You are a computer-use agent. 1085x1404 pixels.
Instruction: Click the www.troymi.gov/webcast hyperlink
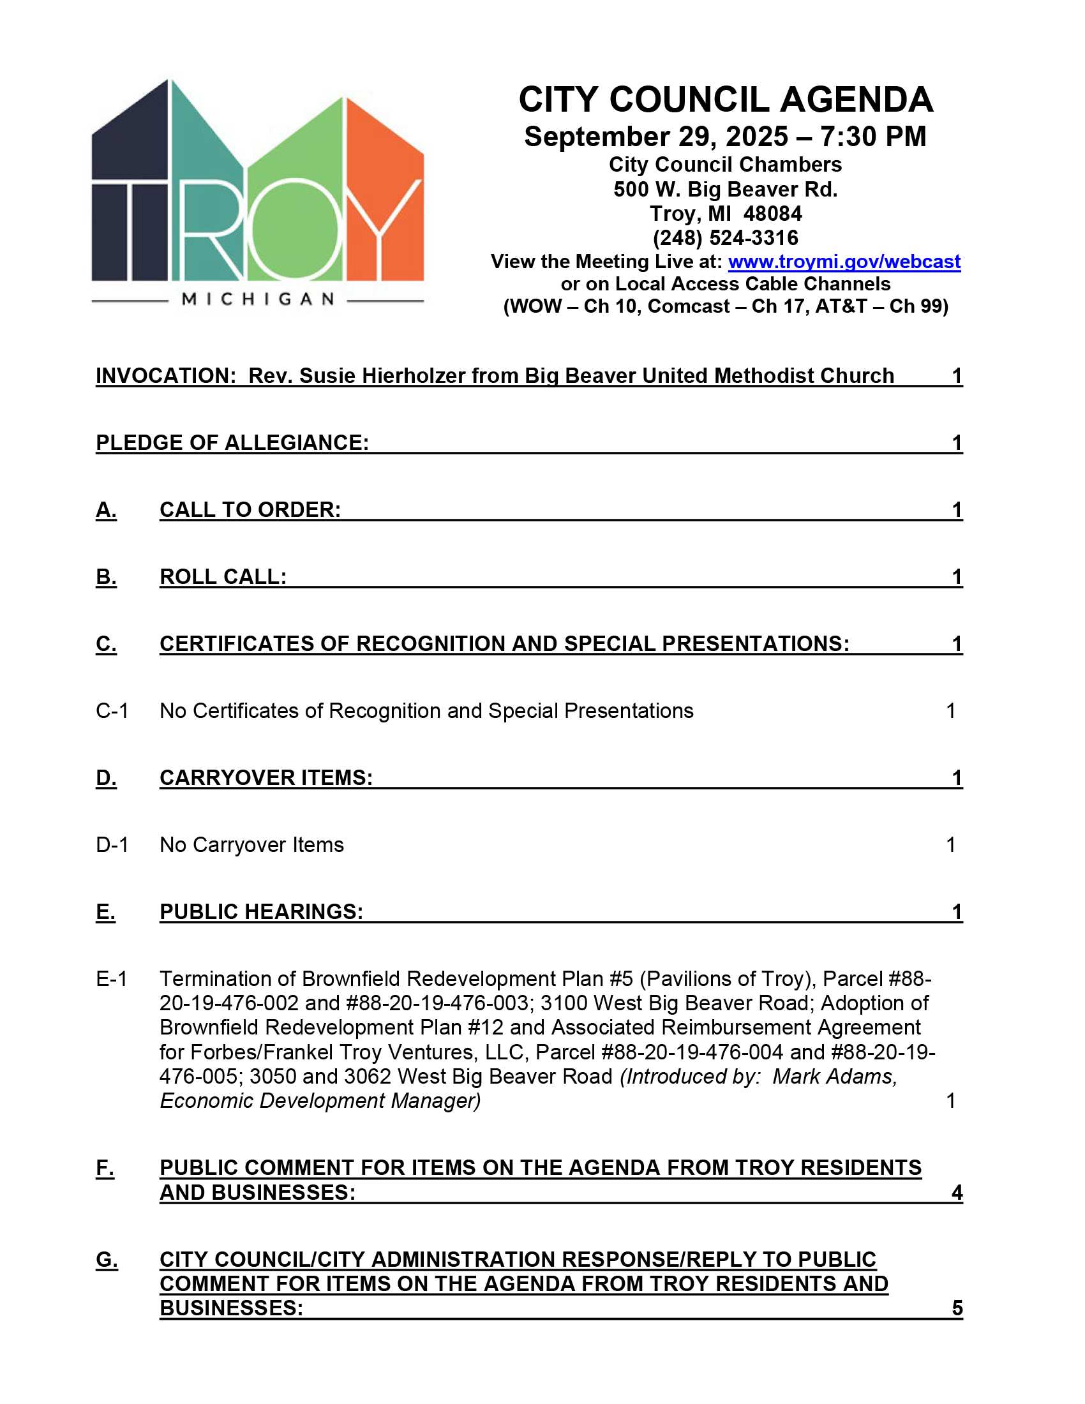(x=844, y=262)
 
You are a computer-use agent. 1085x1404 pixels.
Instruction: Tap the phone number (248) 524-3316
(x=725, y=238)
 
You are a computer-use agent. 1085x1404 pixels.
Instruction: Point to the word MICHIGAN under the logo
(x=258, y=299)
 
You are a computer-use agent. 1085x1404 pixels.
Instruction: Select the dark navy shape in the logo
(x=128, y=193)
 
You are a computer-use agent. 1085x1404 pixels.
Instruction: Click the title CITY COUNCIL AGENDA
(x=725, y=100)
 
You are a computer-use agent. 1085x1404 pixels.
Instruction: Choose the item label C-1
(x=112, y=711)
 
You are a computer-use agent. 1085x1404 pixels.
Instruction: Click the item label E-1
(x=111, y=979)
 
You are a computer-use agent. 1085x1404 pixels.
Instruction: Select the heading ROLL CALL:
(x=223, y=577)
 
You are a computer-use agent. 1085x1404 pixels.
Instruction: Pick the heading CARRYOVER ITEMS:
(x=266, y=778)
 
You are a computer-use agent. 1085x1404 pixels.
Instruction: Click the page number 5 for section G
(x=957, y=1308)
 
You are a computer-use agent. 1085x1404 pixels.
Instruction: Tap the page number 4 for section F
(x=957, y=1193)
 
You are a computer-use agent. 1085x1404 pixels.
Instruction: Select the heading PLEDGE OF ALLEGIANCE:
(x=232, y=443)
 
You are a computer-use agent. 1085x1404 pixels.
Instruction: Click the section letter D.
(x=106, y=778)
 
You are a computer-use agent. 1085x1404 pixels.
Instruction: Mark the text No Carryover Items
(x=251, y=845)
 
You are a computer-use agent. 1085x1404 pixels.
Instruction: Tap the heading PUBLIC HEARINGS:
(x=261, y=911)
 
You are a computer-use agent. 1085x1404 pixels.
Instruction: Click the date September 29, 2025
(x=655, y=137)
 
